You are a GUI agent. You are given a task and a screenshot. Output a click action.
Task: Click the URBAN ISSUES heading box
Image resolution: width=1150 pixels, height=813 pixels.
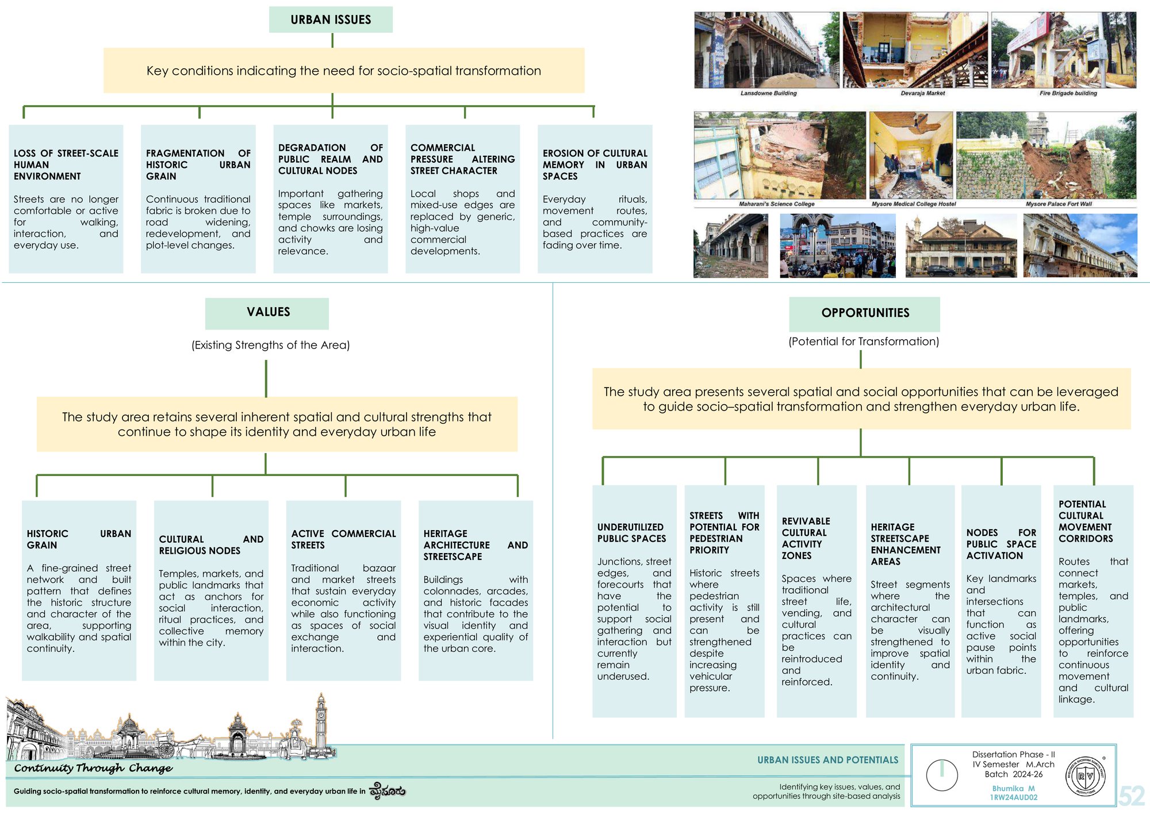click(331, 20)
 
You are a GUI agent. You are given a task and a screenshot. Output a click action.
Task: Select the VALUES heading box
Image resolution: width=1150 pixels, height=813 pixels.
click(267, 313)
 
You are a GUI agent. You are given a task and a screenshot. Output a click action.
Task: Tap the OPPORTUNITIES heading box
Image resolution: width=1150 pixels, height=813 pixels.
click(864, 313)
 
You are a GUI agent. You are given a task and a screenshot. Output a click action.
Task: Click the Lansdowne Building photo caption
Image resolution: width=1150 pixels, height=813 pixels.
click(768, 93)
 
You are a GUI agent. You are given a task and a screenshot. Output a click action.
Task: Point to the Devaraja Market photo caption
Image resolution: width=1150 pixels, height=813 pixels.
click(923, 93)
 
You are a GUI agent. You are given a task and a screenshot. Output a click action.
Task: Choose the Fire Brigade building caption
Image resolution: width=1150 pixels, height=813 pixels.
click(1068, 93)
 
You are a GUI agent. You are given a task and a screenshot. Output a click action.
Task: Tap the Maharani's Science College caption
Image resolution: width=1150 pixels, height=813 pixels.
click(776, 204)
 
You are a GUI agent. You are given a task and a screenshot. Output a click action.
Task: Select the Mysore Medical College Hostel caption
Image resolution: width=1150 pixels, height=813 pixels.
click(913, 204)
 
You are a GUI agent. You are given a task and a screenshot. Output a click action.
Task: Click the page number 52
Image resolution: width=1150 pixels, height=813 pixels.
click(1131, 796)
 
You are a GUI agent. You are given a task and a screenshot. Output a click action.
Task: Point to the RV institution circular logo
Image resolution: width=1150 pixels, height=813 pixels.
click(1085, 776)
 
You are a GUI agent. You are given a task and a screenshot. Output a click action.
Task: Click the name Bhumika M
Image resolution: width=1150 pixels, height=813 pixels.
click(1013, 788)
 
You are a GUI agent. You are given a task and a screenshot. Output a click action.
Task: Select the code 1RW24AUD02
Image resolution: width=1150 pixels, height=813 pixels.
click(1013, 797)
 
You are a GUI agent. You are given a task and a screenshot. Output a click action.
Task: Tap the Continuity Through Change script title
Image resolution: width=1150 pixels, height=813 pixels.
click(93, 768)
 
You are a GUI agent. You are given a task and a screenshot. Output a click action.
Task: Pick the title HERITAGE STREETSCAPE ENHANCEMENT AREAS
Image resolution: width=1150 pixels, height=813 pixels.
click(905, 544)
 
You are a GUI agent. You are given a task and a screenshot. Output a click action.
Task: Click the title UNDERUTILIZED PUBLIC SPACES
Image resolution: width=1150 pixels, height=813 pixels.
click(631, 533)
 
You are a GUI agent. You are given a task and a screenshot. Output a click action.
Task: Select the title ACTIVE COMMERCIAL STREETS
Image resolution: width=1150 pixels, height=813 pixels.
click(343, 539)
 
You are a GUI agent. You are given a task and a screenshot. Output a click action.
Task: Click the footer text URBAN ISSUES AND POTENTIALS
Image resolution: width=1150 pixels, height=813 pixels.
click(827, 760)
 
